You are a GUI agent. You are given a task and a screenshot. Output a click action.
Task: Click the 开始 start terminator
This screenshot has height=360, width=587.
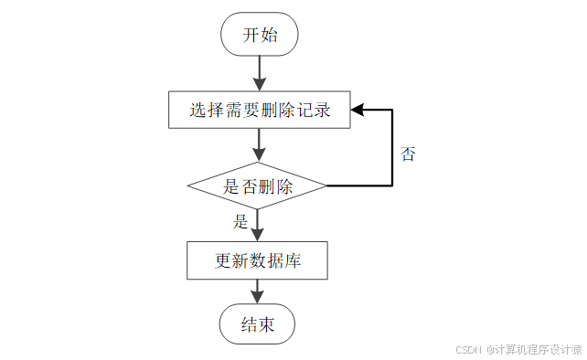259,36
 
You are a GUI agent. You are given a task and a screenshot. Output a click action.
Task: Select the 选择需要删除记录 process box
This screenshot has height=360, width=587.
259,111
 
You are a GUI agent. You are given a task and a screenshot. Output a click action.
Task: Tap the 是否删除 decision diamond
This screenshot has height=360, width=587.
258,186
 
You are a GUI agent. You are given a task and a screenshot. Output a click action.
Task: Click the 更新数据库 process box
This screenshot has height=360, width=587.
258,260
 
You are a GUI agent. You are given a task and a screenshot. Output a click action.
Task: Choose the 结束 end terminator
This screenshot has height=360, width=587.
258,324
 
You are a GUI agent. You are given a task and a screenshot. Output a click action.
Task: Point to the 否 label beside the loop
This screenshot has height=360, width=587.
408,154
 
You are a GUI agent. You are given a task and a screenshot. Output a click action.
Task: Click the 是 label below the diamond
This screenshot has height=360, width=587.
241,221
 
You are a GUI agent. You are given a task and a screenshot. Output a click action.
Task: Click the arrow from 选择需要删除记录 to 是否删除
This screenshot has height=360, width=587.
259,144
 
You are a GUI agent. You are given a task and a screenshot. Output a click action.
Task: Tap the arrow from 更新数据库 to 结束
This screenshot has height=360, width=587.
258,291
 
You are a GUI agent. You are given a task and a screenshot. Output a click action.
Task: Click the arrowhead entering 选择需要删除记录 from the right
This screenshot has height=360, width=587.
358,111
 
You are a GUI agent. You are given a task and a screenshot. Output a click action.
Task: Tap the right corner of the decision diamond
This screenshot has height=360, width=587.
326,186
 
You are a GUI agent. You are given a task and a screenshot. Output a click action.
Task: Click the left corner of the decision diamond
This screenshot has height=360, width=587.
189,186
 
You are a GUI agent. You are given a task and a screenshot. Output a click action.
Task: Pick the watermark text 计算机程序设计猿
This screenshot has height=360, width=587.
539,349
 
